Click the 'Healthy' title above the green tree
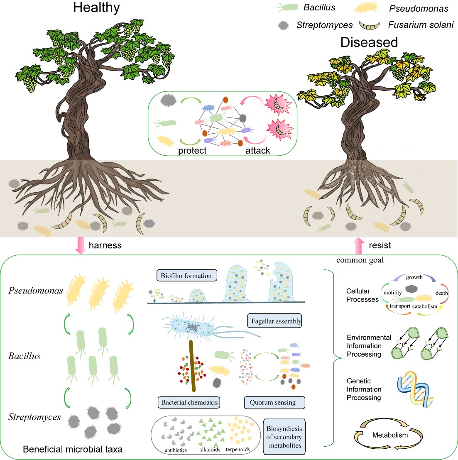pyautogui.click(x=96, y=8)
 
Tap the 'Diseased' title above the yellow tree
pyautogui.click(x=369, y=42)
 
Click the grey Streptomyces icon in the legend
pyautogui.click(x=284, y=25)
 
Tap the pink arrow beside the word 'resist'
pyautogui.click(x=359, y=245)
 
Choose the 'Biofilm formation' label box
pyautogui.click(x=186, y=276)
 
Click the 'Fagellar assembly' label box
pyautogui.click(x=276, y=321)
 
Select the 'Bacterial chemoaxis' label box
pyautogui.click(x=189, y=402)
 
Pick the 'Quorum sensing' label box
pyautogui.click(x=273, y=402)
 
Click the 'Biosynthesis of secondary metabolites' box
pyautogui.click(x=284, y=437)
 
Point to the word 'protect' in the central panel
pyautogui.click(x=192, y=151)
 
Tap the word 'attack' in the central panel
pyautogui.click(x=257, y=151)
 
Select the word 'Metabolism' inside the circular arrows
pyautogui.click(x=390, y=435)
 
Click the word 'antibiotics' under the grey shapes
pyautogui.click(x=176, y=450)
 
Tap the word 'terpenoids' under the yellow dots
pyautogui.click(x=238, y=450)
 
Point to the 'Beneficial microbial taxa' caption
pyautogui.click(x=73, y=449)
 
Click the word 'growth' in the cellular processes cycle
pyautogui.click(x=414, y=277)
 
